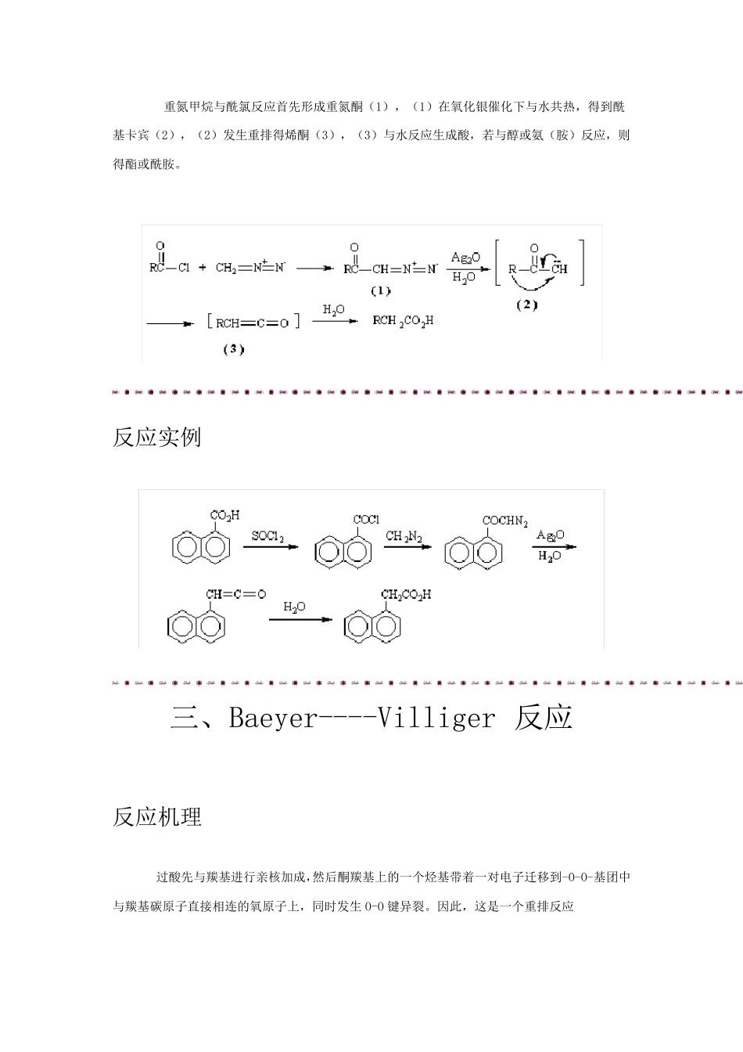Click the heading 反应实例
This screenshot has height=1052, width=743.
[x=157, y=437]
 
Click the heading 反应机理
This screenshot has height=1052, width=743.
[x=157, y=817]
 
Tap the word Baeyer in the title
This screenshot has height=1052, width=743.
[x=271, y=718]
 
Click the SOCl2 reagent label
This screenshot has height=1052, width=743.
[x=267, y=536]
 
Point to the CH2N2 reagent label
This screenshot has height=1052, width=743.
[x=404, y=536]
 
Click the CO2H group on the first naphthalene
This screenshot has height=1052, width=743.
[x=224, y=516]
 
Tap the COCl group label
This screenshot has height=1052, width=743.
[x=366, y=520]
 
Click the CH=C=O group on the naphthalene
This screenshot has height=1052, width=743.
[x=235, y=595]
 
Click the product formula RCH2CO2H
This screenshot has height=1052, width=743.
[x=403, y=320]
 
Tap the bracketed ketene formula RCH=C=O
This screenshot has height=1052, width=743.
[x=253, y=322]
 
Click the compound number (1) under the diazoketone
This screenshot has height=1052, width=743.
[x=380, y=290]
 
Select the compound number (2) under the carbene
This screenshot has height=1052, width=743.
[x=526, y=305]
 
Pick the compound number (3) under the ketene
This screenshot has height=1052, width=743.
[x=233, y=349]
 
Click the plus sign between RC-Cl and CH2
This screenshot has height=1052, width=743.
[x=203, y=268]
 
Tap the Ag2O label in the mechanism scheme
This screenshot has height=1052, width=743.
[x=465, y=258]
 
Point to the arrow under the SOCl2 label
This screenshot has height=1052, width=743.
[x=270, y=546]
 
